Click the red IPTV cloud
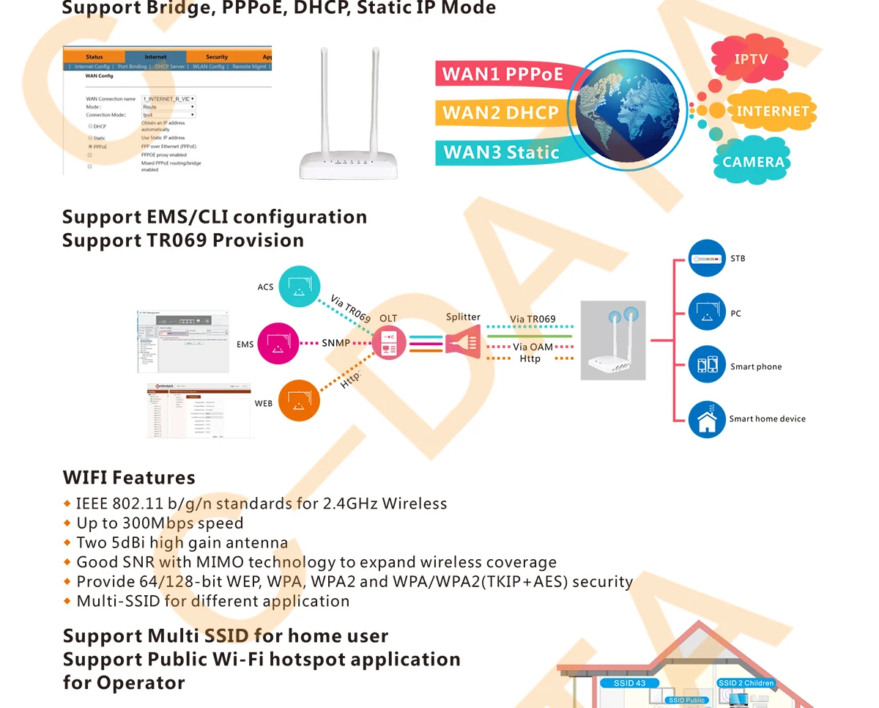[x=750, y=59]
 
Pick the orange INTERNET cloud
[x=771, y=111]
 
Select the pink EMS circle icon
[x=279, y=344]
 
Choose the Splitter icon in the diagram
[x=463, y=343]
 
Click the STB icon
[x=707, y=259]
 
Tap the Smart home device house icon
[x=707, y=419]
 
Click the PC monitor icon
[x=707, y=313]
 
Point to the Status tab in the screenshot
[x=94, y=56]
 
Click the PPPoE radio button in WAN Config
[x=90, y=147]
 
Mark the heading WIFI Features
[x=129, y=478]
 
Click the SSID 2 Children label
[x=746, y=683]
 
